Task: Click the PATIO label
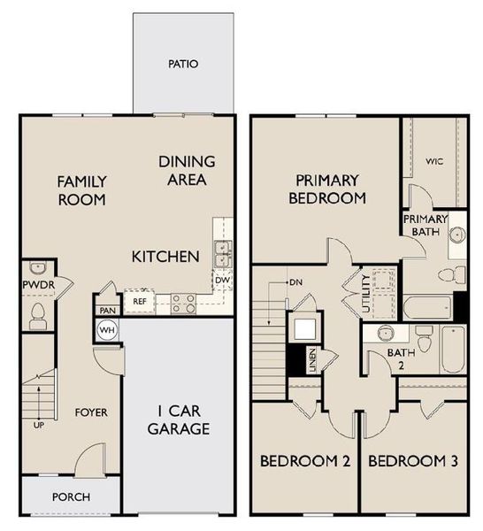(x=184, y=64)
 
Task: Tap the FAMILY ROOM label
(x=81, y=190)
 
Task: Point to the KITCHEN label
(x=165, y=257)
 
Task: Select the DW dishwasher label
(x=222, y=281)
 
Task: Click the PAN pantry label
(x=107, y=310)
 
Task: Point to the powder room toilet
(x=38, y=312)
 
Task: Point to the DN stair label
(x=295, y=282)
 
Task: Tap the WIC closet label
(x=433, y=161)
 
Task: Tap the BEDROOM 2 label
(x=304, y=460)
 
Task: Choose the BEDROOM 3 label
(x=413, y=460)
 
